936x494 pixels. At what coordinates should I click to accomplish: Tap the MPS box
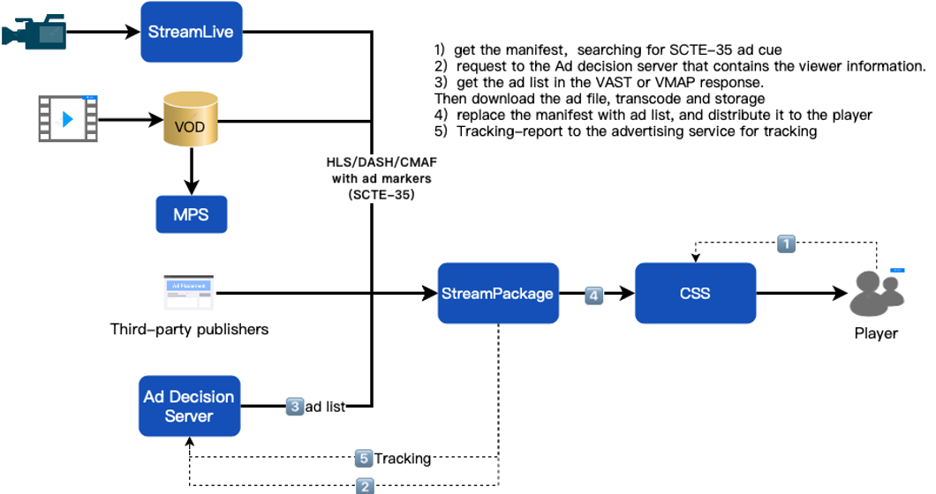coord(192,214)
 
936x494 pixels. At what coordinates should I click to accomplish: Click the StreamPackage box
coord(499,293)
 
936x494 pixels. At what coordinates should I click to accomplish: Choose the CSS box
coord(695,293)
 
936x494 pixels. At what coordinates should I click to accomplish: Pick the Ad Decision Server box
coord(189,406)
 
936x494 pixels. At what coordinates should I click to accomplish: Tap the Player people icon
coord(875,294)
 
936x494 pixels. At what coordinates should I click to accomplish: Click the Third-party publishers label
coord(189,330)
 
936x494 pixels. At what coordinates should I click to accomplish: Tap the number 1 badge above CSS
coord(786,241)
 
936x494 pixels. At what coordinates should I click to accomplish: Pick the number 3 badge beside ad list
coord(295,407)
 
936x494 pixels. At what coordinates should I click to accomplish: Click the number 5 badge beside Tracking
coord(364,459)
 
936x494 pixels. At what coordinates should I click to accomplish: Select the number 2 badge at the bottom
coord(364,484)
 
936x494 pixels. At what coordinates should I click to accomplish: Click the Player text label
coord(875,333)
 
